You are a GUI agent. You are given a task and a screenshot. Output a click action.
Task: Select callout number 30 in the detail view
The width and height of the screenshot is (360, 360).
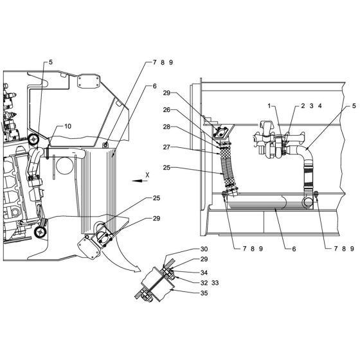point(186,249)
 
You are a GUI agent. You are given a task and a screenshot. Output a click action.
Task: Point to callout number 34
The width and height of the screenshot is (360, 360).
point(186,272)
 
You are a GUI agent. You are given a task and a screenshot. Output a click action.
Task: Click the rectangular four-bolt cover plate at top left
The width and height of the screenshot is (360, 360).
point(87,82)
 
